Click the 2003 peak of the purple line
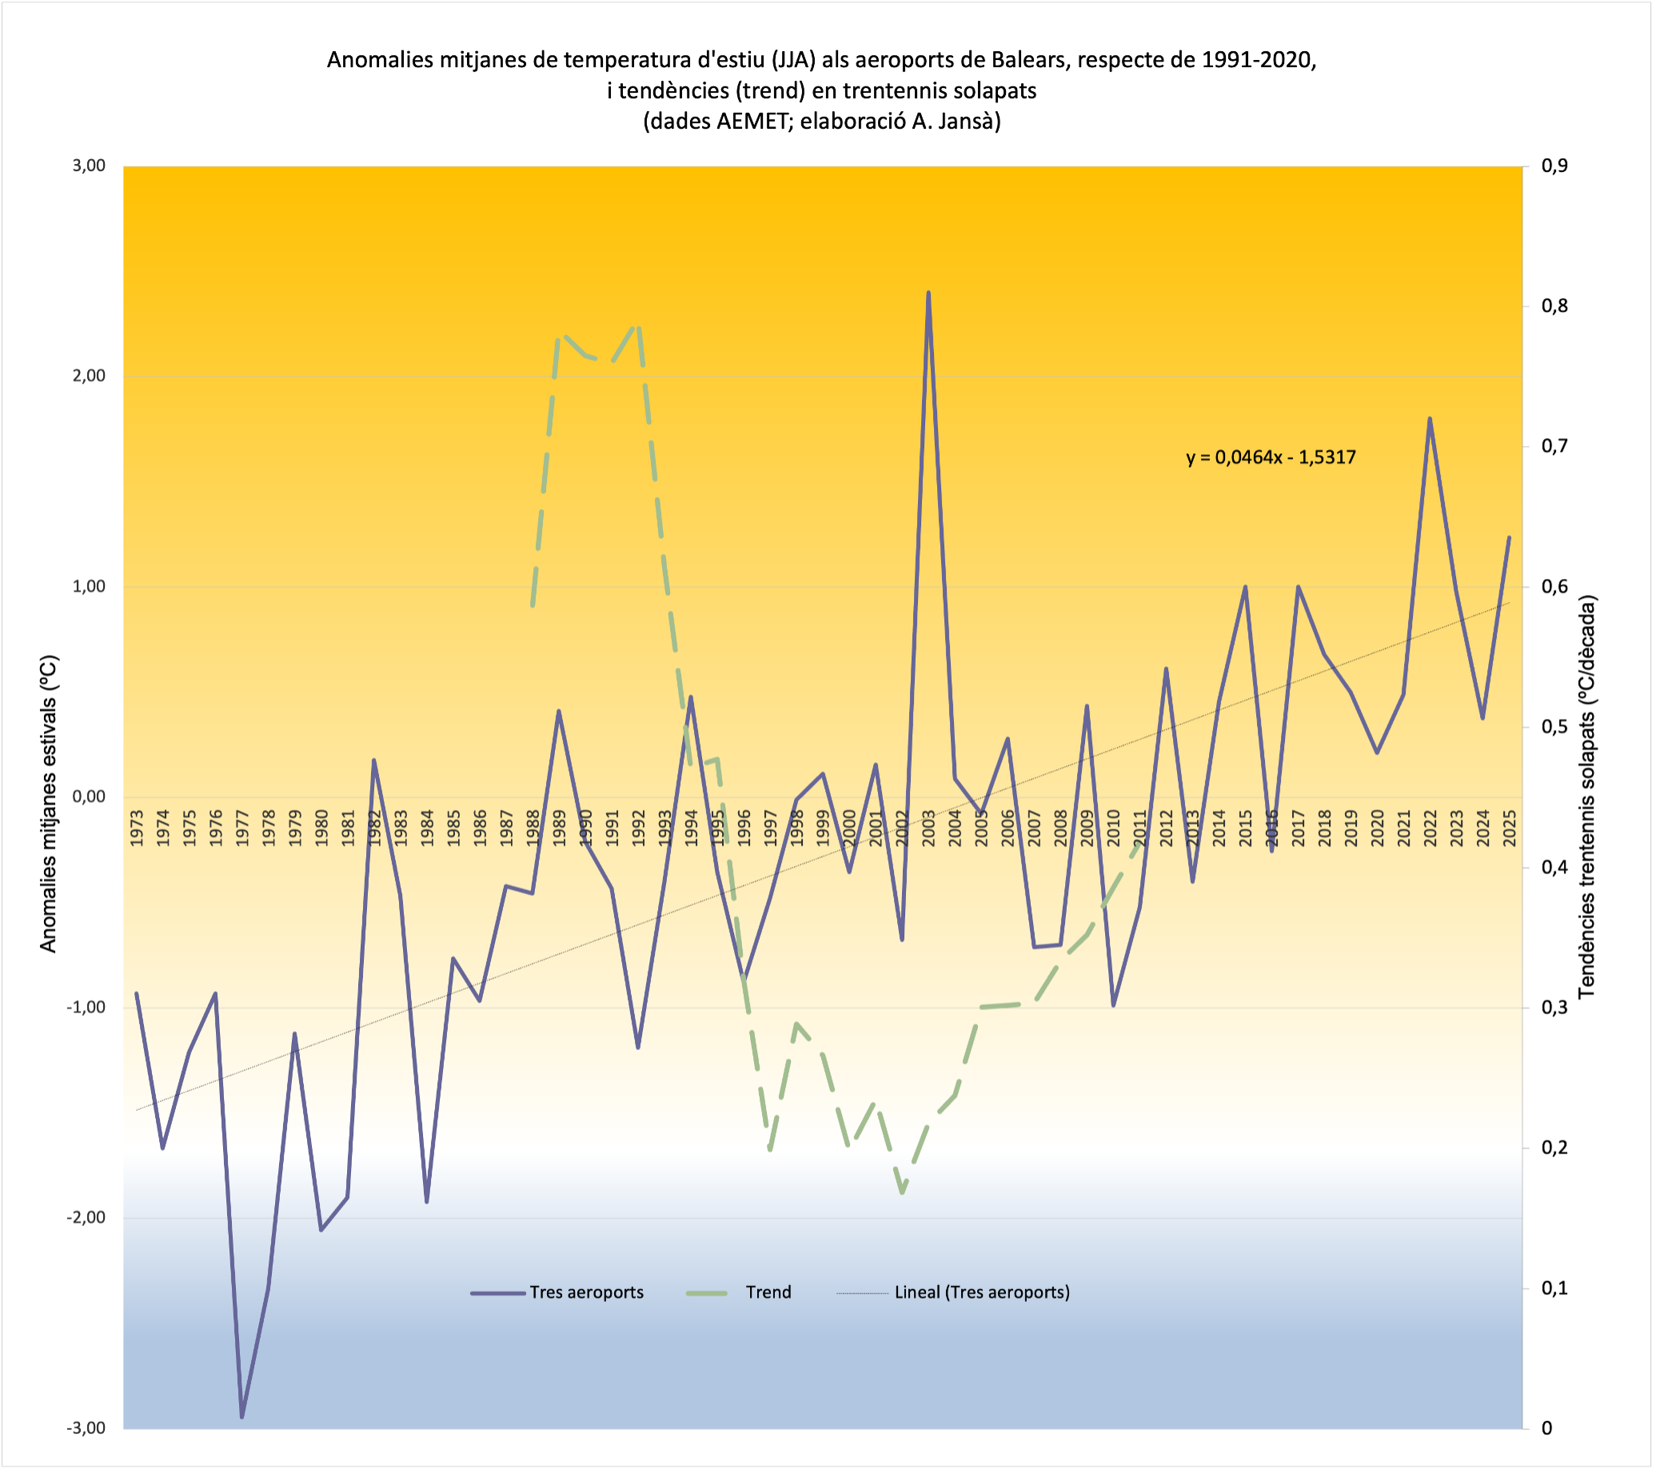[x=928, y=293]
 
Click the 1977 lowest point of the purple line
[x=241, y=1417]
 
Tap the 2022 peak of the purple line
[x=1430, y=419]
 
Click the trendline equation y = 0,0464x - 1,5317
[x=1271, y=457]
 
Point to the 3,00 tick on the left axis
[x=89, y=166]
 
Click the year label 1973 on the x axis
[x=137, y=828]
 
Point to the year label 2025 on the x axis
[x=1510, y=828]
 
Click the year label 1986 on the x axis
[x=480, y=828]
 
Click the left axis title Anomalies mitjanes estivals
[x=49, y=804]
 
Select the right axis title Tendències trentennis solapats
[x=1586, y=796]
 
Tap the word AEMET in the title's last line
[x=748, y=122]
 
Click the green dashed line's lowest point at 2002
[x=902, y=1192]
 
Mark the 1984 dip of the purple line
[x=427, y=1202]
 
